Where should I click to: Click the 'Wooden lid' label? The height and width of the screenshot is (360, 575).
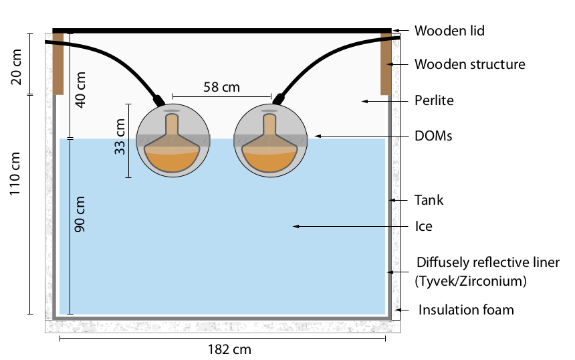click(449, 31)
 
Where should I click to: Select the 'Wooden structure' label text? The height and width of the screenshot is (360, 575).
click(469, 65)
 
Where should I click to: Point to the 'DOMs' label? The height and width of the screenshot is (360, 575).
click(433, 136)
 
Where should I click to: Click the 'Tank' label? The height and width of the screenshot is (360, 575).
click(429, 200)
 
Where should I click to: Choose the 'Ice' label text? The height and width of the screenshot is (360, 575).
click(423, 226)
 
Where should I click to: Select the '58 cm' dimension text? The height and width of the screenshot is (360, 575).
click(222, 87)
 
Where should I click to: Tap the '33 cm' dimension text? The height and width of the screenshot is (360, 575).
click(120, 137)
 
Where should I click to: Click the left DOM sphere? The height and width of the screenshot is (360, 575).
click(172, 141)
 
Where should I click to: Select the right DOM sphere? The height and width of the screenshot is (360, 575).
click(271, 141)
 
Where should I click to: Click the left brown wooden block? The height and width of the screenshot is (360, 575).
click(58, 63)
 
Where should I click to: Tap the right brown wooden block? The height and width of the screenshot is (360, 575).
click(386, 63)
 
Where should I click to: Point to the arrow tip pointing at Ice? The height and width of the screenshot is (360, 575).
click(294, 227)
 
